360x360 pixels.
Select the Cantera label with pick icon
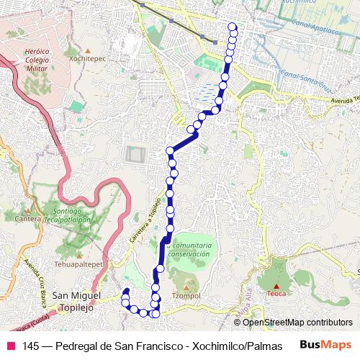pos(27,217)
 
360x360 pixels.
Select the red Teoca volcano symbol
pos(276,286)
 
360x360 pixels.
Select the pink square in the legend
pos(10,346)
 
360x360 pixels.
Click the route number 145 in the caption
pos(31,346)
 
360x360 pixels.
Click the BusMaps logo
pos(325,345)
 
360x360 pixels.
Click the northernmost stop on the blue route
pos(232,27)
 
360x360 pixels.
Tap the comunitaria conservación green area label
pos(189,249)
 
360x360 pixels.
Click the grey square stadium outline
pos(134,154)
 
